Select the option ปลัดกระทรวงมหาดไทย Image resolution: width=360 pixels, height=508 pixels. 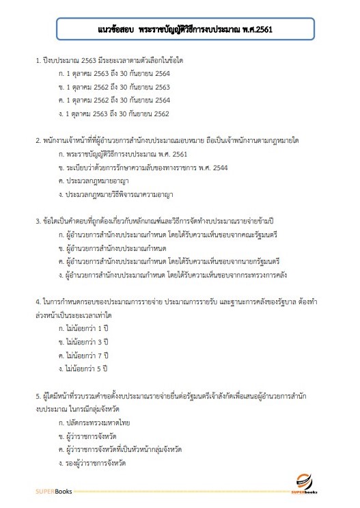click(95, 423)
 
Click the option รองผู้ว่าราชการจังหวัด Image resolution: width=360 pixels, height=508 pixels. click(96, 462)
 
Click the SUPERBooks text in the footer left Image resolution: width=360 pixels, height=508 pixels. click(53, 491)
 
